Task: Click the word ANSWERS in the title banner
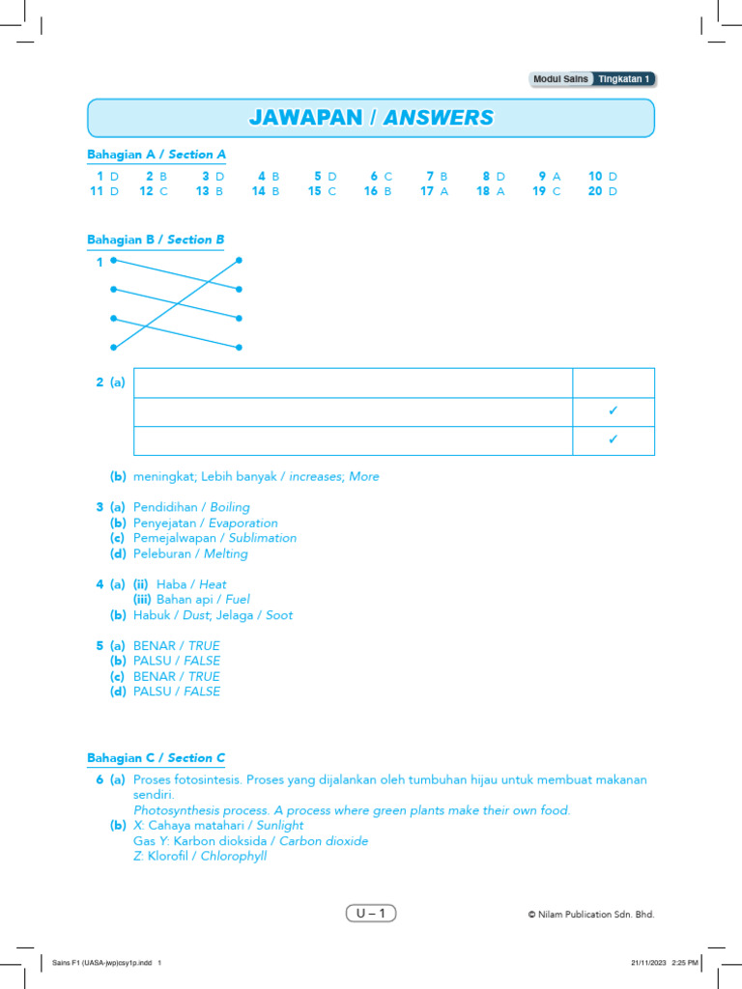[439, 118]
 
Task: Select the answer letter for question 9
[556, 176]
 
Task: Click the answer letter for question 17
[444, 191]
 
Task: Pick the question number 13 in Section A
[203, 191]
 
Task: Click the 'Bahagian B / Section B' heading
[157, 240]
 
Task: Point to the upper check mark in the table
[613, 411]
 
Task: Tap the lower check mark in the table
[613, 440]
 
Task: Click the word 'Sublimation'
[263, 538]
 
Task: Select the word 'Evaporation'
[243, 523]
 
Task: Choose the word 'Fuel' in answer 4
[238, 599]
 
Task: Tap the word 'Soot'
[279, 615]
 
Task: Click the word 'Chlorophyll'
[234, 857]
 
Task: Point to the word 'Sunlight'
[280, 826]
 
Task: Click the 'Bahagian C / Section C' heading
[157, 758]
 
